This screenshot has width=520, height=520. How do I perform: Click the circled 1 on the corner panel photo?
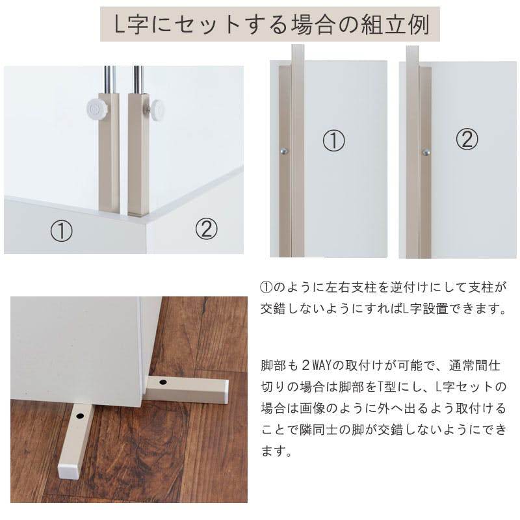(x=61, y=231)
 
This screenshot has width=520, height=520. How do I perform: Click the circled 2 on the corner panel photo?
(x=206, y=228)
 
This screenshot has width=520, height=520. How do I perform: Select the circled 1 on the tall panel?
(x=334, y=140)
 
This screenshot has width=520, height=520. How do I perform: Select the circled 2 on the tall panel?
(x=467, y=139)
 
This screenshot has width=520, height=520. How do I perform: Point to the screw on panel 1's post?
(x=284, y=151)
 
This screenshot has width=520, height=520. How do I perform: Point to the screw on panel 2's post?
(x=426, y=152)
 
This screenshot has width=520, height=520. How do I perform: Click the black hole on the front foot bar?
(x=80, y=415)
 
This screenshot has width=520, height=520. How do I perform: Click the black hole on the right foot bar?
(x=163, y=382)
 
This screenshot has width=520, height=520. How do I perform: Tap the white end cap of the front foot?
(x=70, y=471)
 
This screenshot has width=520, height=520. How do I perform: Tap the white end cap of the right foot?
(x=226, y=392)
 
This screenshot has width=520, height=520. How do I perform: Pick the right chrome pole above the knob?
(x=138, y=79)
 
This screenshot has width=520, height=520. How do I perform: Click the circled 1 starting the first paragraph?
(x=266, y=287)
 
